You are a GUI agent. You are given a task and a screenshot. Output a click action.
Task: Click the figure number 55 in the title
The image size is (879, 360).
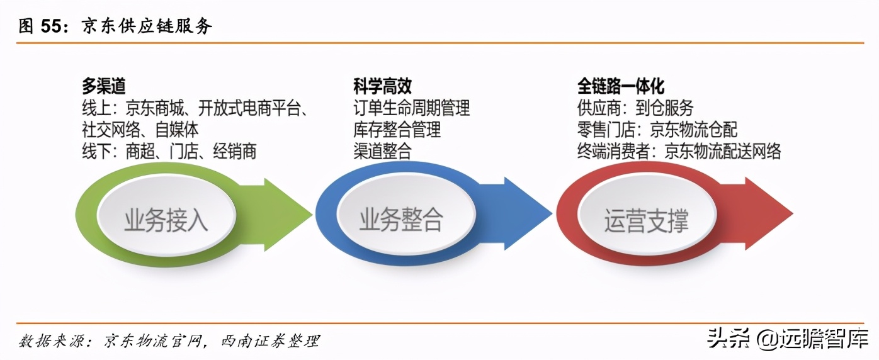pyautogui.click(x=52, y=26)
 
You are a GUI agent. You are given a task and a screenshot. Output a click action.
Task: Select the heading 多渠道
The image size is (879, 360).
pyautogui.click(x=104, y=86)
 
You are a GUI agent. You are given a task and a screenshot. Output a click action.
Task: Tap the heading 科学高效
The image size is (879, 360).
pyautogui.click(x=382, y=86)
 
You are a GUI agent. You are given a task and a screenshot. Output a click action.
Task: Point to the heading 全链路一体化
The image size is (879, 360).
pyautogui.click(x=620, y=86)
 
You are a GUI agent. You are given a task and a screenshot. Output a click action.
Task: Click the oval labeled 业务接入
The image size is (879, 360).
pyautogui.click(x=166, y=215)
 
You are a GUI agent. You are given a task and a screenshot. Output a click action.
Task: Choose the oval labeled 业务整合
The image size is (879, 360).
pyautogui.click(x=406, y=215)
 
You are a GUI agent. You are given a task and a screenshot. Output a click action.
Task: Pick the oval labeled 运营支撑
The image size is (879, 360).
pyautogui.click(x=647, y=215)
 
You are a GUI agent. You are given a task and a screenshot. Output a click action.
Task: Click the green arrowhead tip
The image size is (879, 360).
pyautogui.click(x=312, y=214)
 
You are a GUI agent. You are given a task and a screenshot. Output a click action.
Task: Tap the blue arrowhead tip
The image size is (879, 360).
pyautogui.click(x=552, y=214)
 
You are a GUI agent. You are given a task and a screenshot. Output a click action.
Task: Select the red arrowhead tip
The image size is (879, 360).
pyautogui.click(x=793, y=214)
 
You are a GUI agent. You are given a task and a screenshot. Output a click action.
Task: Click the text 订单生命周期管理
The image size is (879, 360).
pyautogui.click(x=411, y=108)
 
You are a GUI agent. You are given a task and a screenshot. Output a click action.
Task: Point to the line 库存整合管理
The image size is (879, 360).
pyautogui.click(x=397, y=130)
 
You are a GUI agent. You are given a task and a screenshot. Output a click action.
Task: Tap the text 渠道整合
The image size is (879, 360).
pyautogui.click(x=382, y=152)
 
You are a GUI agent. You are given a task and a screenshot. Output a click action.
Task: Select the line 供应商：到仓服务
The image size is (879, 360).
pyautogui.click(x=635, y=108)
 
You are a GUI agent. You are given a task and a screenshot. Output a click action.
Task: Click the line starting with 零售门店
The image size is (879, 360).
pyautogui.click(x=657, y=130)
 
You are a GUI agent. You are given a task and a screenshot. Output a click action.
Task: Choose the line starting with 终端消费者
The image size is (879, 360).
pyautogui.click(x=679, y=152)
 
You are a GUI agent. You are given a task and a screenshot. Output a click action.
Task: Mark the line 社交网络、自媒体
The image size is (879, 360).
pyautogui.click(x=140, y=130)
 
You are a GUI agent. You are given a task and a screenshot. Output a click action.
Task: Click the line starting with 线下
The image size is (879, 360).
pyautogui.click(x=169, y=152)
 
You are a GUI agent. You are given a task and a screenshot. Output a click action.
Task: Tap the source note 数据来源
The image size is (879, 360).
pyautogui.click(x=169, y=340)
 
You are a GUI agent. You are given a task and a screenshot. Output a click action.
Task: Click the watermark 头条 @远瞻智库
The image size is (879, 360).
pyautogui.click(x=787, y=339)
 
